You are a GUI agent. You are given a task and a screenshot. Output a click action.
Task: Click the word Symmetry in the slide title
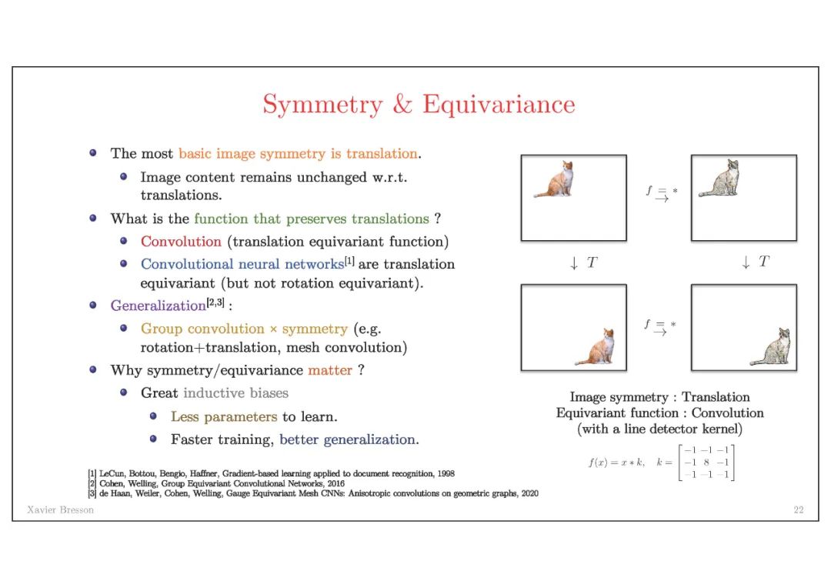pyautogui.click(x=321, y=105)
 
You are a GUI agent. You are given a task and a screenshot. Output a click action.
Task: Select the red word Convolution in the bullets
pyautogui.click(x=181, y=242)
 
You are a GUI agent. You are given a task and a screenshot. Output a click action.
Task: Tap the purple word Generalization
pyautogui.click(x=158, y=306)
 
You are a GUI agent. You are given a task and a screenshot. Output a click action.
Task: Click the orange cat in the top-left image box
pyautogui.click(x=557, y=180)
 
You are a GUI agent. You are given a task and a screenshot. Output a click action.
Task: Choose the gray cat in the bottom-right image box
pyautogui.click(x=773, y=347)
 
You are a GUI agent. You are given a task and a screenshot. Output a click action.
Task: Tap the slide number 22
pyautogui.click(x=798, y=509)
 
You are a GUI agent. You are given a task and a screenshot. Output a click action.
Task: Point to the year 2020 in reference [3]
pyautogui.click(x=529, y=493)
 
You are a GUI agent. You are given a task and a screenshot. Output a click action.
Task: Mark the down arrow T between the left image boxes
pyautogui.click(x=583, y=262)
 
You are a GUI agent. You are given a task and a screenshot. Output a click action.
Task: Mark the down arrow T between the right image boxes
pyautogui.click(x=755, y=262)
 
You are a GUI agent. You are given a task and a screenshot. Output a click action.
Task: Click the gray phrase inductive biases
pyautogui.click(x=235, y=393)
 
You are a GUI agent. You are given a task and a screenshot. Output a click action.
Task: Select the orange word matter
pyautogui.click(x=330, y=370)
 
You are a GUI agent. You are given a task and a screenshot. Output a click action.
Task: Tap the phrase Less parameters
pyautogui.click(x=223, y=416)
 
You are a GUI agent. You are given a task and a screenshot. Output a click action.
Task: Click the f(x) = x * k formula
pyautogui.click(x=615, y=463)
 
